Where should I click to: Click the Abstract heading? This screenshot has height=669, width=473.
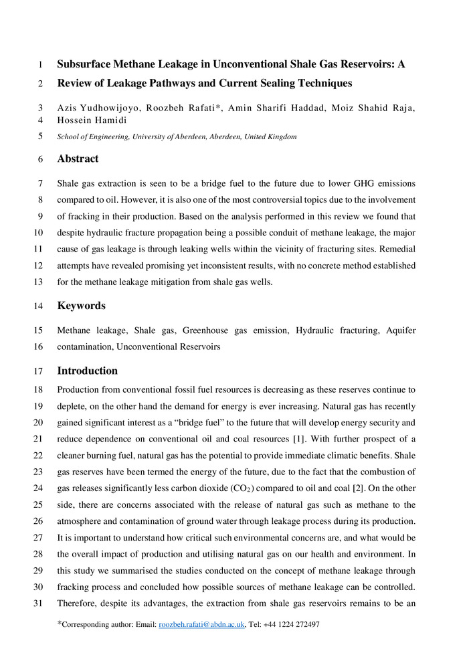(78, 159)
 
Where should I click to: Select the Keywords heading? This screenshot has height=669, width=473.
(81, 306)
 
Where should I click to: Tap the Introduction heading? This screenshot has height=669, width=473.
(87, 371)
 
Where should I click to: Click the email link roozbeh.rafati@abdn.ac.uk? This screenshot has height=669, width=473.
(201, 625)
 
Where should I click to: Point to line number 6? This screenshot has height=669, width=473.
(41, 159)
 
